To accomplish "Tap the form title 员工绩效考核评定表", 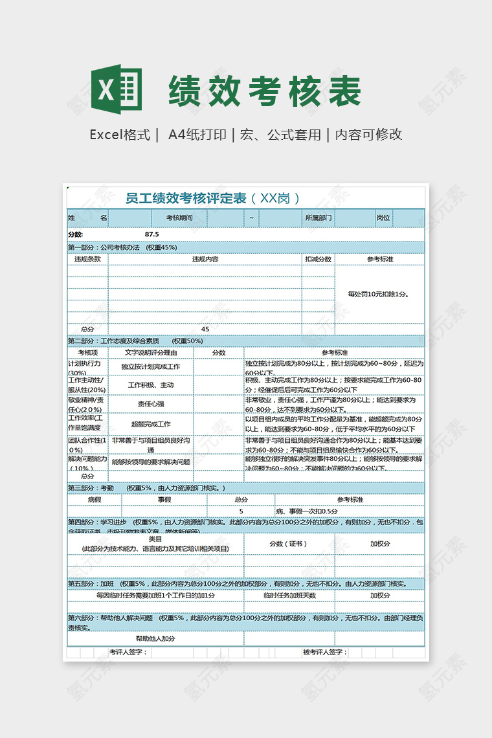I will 186,198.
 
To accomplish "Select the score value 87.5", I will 152,234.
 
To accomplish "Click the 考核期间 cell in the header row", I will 179,218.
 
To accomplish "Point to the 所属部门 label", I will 319,218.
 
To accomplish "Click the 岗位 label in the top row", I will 383,218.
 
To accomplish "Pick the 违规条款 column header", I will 87,259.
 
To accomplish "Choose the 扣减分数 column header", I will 319,259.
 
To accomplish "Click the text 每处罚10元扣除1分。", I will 379,294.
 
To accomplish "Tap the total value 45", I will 205,329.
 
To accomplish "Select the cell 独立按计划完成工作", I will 151,366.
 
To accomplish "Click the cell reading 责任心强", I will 151,403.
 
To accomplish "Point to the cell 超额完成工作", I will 151,424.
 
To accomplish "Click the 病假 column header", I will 95,500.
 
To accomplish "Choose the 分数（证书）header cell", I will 289,544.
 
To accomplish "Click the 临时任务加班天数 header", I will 289,596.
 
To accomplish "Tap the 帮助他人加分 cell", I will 155,638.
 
